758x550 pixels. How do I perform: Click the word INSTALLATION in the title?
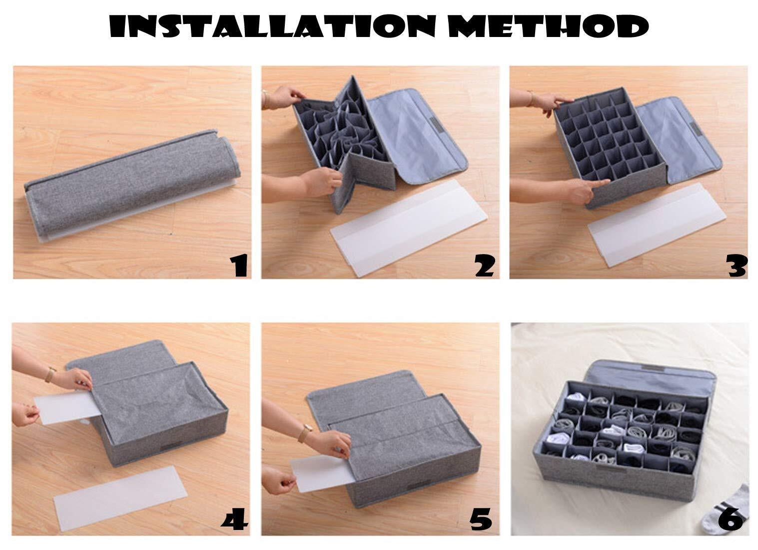272,26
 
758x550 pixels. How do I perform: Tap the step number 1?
239,265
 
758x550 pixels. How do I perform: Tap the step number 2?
485,265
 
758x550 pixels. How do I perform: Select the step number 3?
736,265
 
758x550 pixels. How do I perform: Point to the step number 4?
235,520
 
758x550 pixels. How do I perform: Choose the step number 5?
481,520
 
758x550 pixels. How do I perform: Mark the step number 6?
731,520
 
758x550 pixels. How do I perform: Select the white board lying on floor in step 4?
120,498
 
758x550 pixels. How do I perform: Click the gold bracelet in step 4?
50,375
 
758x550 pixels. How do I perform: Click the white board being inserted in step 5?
321,473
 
